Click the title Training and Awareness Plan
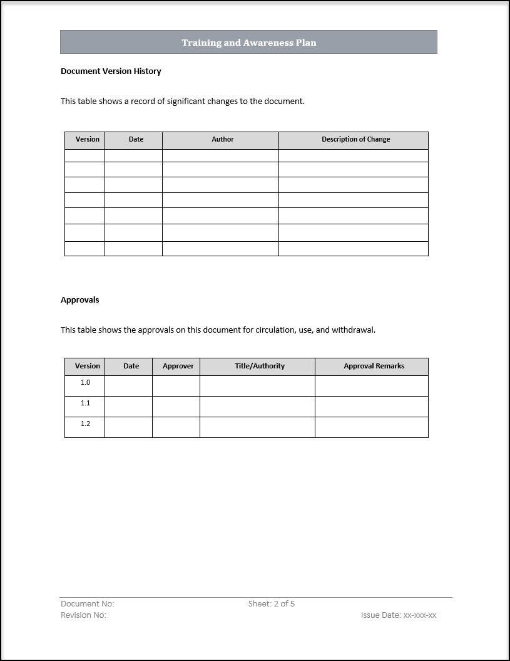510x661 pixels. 249,43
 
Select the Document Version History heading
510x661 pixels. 111,71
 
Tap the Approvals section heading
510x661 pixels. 79,300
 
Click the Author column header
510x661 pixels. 222,140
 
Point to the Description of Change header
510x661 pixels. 355,140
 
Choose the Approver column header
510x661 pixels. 178,367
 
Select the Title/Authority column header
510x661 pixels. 260,367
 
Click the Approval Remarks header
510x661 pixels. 374,367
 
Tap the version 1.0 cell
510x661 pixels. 85,383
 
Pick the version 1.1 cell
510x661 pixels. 85,403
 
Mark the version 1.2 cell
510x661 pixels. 85,424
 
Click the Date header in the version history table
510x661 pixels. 136,140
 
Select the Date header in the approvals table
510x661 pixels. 131,367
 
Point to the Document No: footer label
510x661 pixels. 87,604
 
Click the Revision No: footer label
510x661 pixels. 83,615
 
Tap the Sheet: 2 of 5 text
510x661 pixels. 271,604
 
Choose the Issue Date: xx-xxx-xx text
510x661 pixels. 398,615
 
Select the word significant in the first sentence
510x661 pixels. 190,101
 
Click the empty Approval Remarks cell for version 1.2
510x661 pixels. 371,427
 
